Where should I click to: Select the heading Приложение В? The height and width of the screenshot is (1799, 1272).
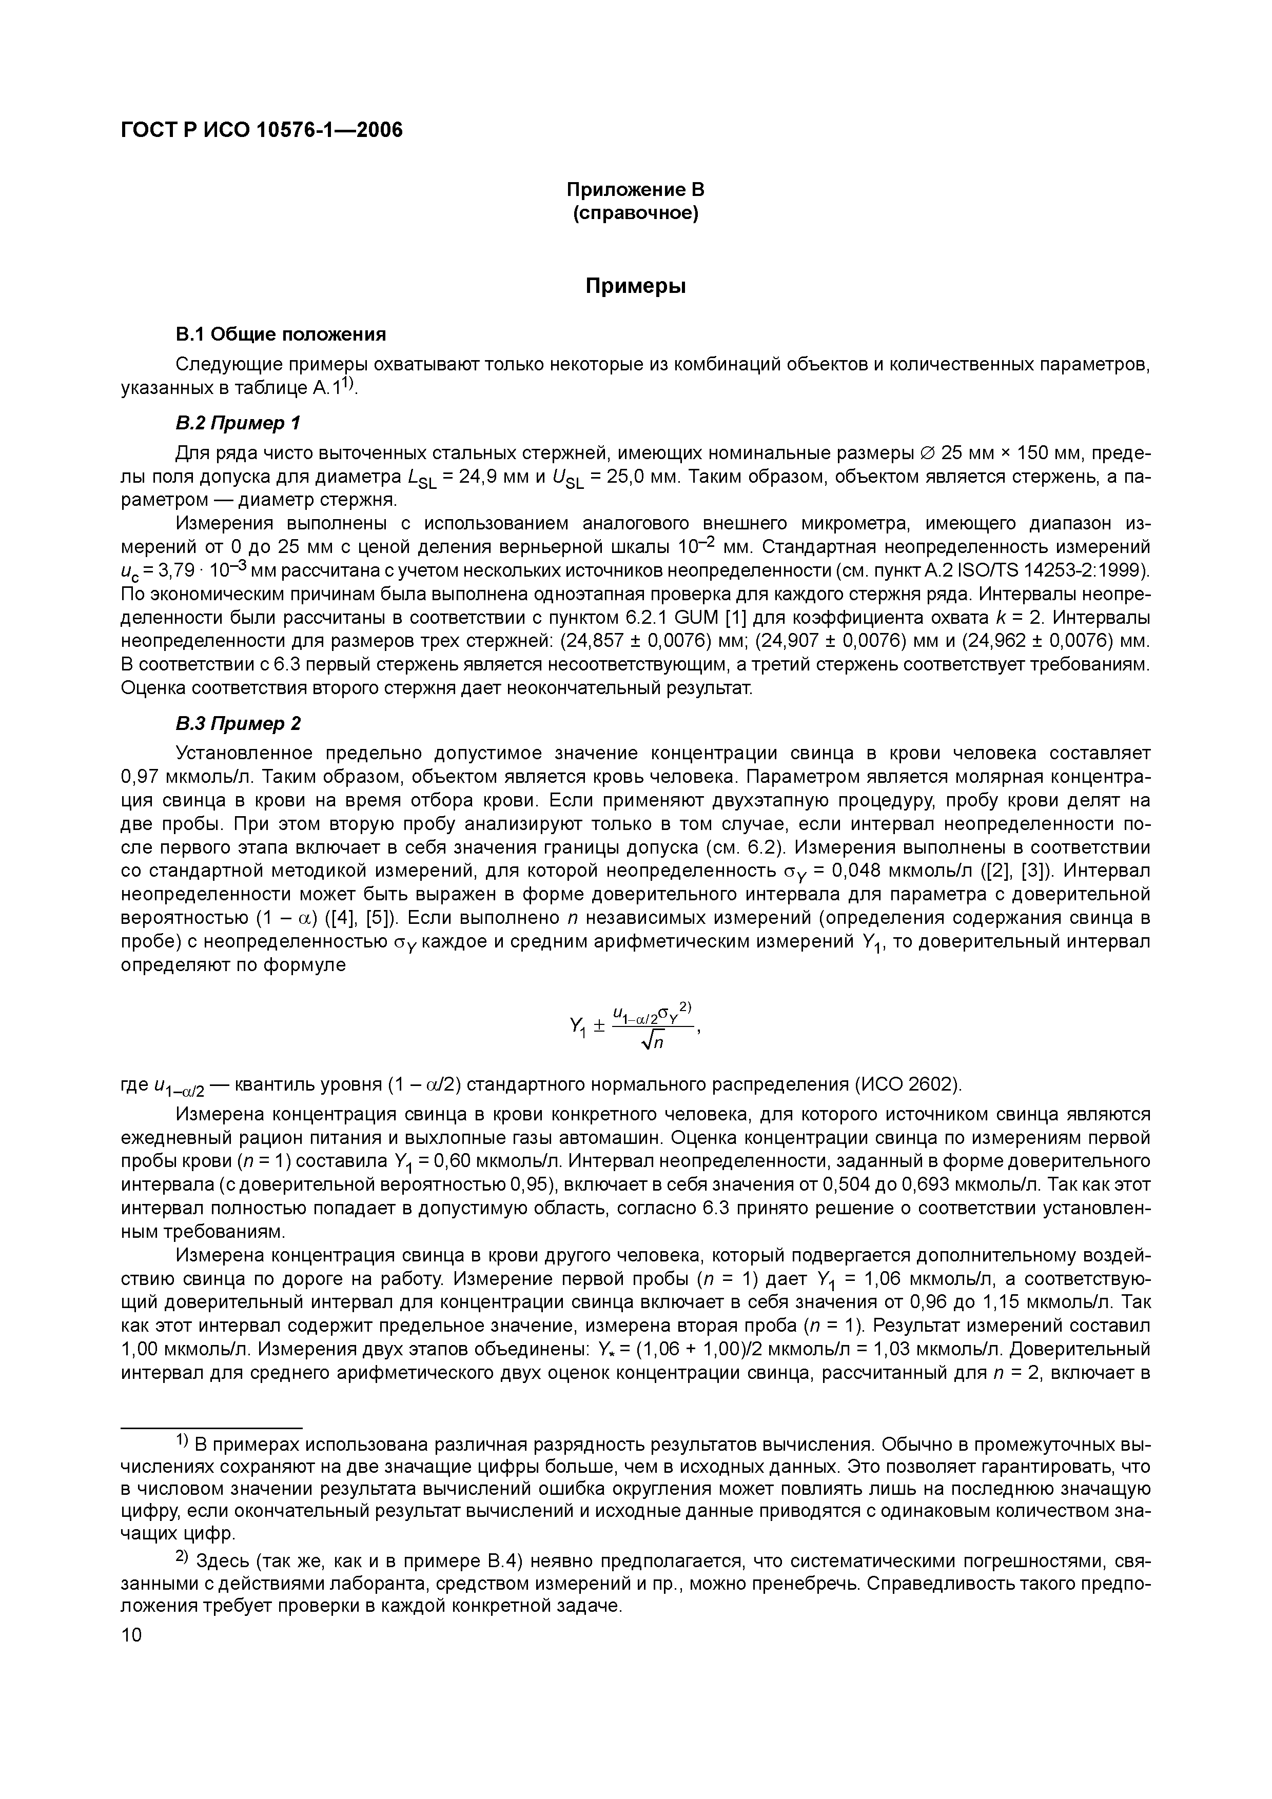pyautogui.click(x=636, y=190)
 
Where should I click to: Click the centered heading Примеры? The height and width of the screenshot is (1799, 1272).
pyautogui.click(x=636, y=287)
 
